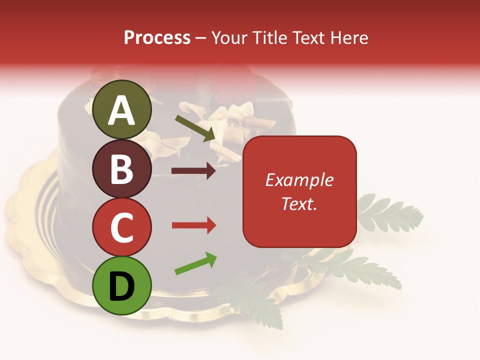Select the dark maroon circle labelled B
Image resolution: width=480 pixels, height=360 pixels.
click(121, 168)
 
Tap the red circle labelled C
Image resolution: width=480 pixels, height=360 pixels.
click(121, 226)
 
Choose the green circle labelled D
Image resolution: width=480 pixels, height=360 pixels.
click(121, 286)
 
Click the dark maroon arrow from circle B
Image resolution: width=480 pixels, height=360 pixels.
click(193, 171)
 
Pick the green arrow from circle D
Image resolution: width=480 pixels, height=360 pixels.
click(195, 263)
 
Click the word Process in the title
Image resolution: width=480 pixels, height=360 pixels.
click(157, 37)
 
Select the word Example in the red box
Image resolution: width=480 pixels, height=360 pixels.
click(299, 180)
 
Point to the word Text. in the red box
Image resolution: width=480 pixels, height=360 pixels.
click(299, 203)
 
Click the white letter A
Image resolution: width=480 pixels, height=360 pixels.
click(121, 110)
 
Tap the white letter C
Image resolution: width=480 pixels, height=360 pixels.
click(121, 227)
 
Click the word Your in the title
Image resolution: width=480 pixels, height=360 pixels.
click(229, 37)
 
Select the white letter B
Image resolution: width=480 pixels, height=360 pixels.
click(121, 169)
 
